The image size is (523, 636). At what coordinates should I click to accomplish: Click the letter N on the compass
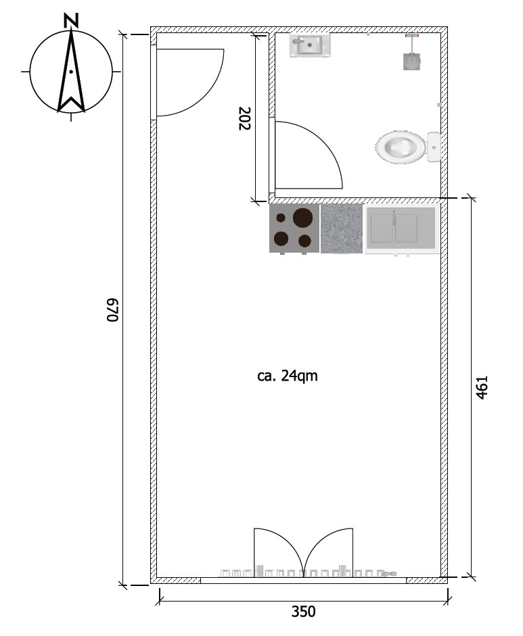point(71,20)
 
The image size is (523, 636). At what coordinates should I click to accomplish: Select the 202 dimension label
point(245,118)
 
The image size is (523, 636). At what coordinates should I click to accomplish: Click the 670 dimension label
point(112,310)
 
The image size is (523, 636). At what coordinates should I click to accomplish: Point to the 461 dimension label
point(482,387)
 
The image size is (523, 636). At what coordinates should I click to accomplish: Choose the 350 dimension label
point(303,612)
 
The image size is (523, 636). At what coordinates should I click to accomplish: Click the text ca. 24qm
point(288,376)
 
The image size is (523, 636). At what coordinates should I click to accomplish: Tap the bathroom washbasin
point(310,46)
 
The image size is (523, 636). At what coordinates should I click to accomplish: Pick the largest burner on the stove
point(302,217)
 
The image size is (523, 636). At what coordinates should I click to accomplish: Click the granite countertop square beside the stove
point(342,228)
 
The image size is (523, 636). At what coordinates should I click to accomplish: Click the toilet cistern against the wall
point(434,147)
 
